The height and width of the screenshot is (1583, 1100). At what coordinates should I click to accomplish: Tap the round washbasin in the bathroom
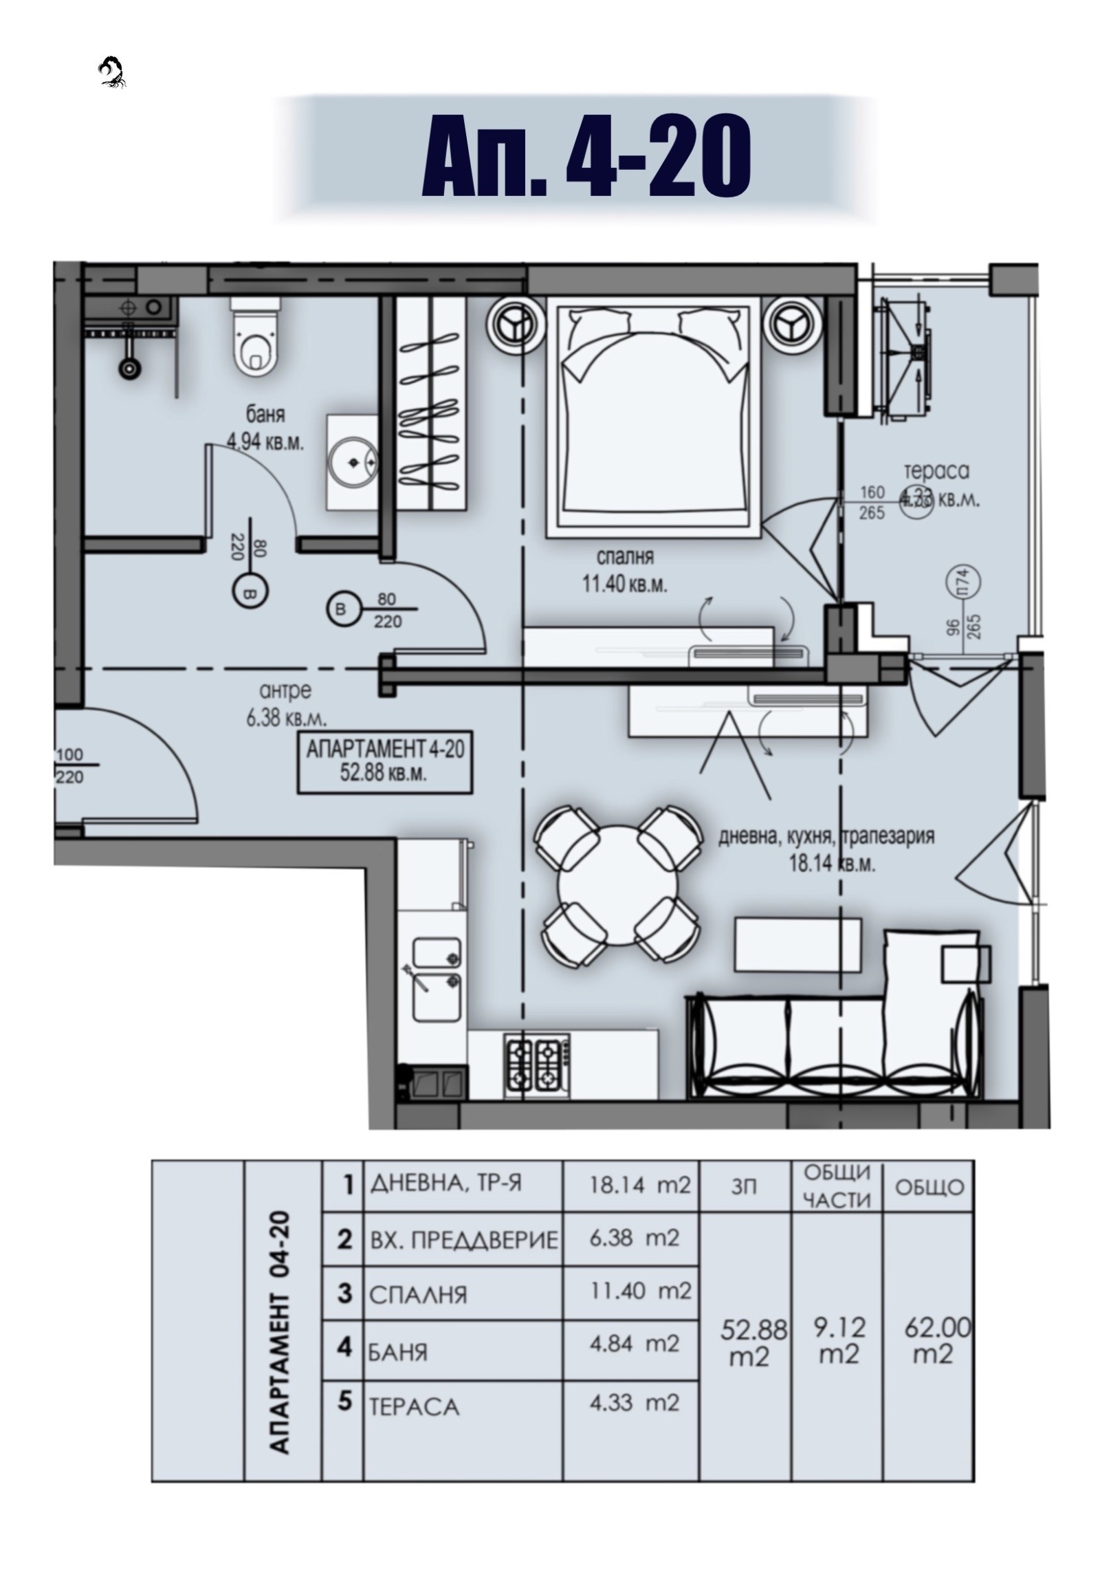(353, 462)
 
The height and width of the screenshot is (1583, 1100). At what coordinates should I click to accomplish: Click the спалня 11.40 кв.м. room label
(624, 570)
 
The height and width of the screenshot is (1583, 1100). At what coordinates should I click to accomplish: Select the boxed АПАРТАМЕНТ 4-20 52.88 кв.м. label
(384, 761)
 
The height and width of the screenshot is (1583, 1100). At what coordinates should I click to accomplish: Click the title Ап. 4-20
(585, 157)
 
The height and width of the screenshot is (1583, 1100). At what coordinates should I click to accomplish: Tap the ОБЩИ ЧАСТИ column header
(837, 1186)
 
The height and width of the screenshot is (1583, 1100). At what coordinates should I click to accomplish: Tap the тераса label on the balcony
(936, 472)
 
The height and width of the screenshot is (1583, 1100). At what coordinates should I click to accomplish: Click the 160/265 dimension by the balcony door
(872, 503)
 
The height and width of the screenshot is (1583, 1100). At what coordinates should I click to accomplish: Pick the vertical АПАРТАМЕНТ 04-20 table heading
(279, 1333)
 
